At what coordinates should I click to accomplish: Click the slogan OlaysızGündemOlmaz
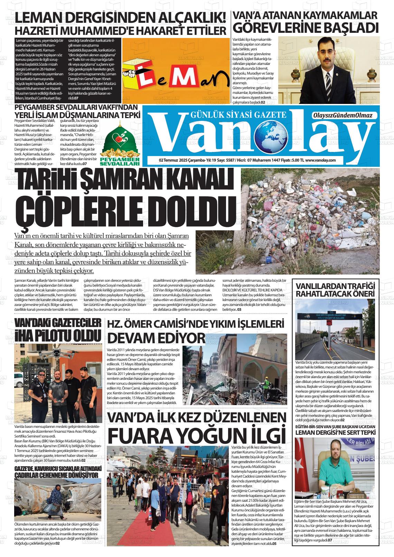click(x=342, y=115)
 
